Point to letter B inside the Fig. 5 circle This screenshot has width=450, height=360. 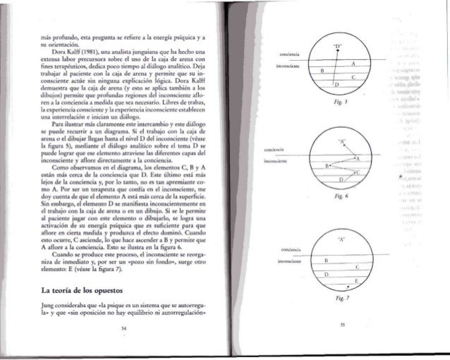pyautogui.click(x=322, y=71)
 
